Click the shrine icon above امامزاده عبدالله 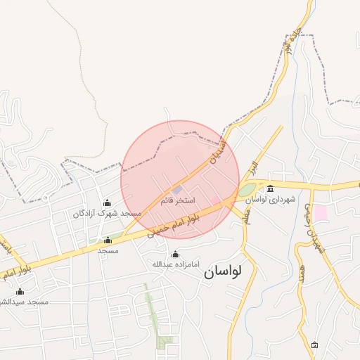[175, 254]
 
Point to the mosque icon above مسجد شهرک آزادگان [107, 203]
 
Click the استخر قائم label [178, 201]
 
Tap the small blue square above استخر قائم [177, 189]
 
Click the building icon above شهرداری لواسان [271, 188]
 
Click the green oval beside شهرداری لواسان [246, 190]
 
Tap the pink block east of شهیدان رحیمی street [321, 212]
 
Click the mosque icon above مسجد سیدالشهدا [20, 291]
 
